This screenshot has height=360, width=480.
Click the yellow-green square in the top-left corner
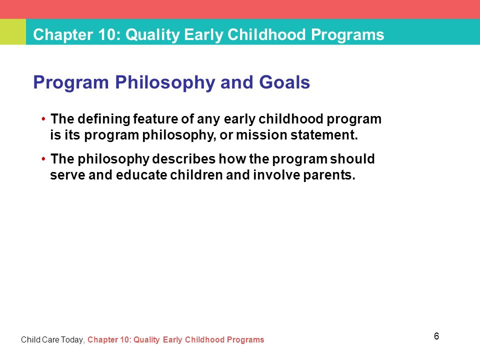[x=13, y=32]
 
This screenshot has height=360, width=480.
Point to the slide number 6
[x=436, y=336]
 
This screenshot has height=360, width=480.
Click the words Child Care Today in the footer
[x=51, y=340]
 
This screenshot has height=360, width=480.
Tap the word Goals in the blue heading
[x=284, y=82]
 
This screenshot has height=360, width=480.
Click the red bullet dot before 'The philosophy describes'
[x=43, y=159]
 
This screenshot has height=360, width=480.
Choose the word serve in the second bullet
[x=67, y=175]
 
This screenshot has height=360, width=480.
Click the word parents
[x=329, y=175]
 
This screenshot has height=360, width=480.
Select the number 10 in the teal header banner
[x=106, y=34]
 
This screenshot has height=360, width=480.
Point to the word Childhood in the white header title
[x=266, y=34]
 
